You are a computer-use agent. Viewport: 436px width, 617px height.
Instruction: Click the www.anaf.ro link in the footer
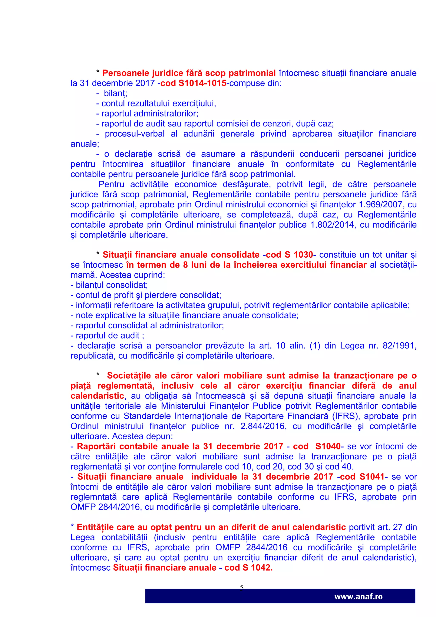[358, 597]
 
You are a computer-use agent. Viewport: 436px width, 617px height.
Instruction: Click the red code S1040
[328, 446]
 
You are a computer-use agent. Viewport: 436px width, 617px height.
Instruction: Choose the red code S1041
[371, 477]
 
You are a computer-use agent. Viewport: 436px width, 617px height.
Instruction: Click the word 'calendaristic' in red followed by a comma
[97, 396]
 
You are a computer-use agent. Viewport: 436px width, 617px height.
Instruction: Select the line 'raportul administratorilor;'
[149, 113]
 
